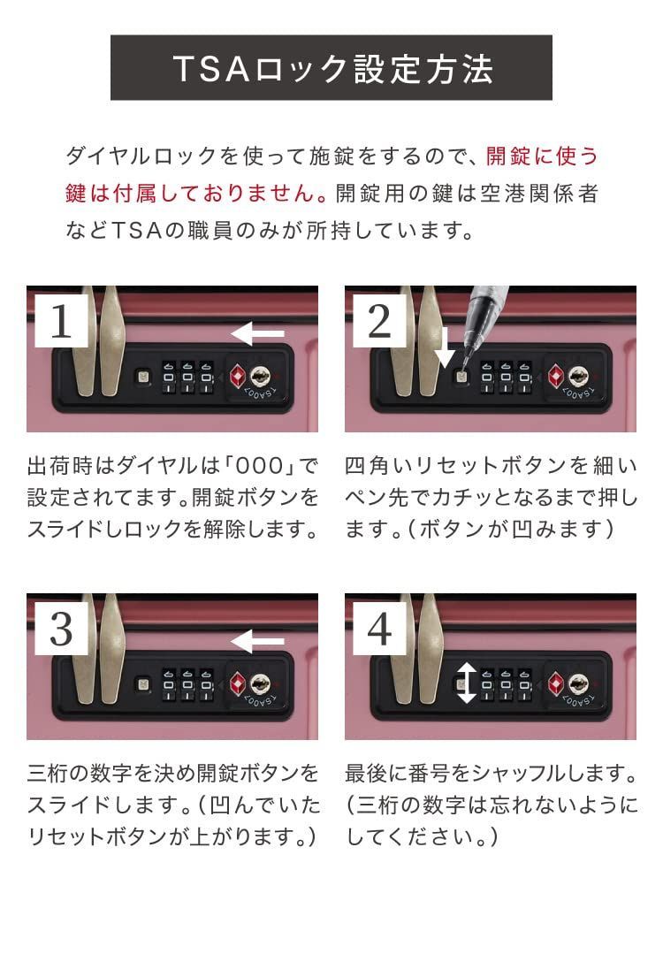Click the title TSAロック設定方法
coord(331,69)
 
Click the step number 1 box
coord(61,322)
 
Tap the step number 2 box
coord(379,322)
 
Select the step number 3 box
coord(61,630)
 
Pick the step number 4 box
coord(379,630)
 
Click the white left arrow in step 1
coord(257,334)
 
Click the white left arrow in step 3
coord(257,641)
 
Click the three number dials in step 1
coord(187,378)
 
